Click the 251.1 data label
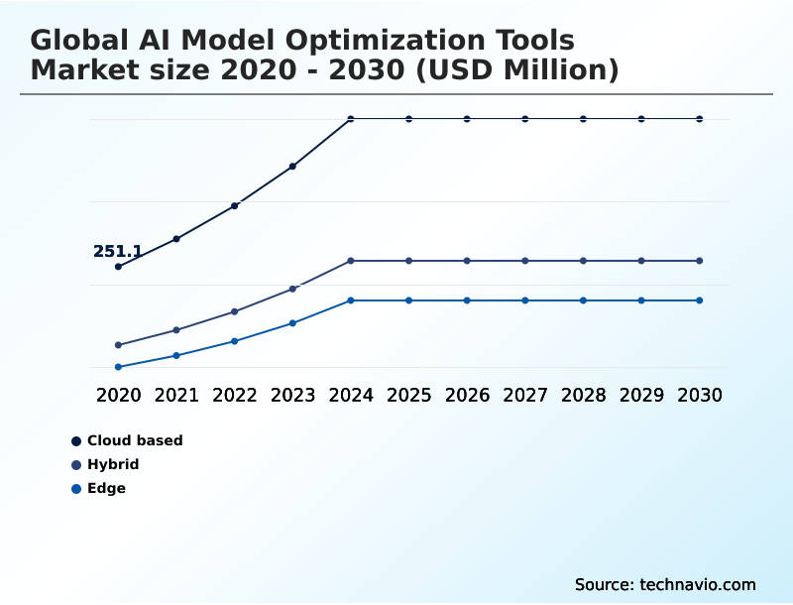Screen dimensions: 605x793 pyautogui.click(x=118, y=252)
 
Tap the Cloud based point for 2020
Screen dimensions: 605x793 pyautogui.click(x=118, y=267)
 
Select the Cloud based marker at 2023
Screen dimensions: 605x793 pyautogui.click(x=292, y=167)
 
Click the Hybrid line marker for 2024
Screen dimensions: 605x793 pyautogui.click(x=351, y=261)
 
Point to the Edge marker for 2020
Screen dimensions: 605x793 pyautogui.click(x=118, y=367)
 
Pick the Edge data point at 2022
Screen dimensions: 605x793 pyautogui.click(x=235, y=341)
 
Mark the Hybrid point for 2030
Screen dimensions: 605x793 pyautogui.click(x=700, y=261)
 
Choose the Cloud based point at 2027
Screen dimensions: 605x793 pyautogui.click(x=525, y=119)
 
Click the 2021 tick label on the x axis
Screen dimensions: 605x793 pyautogui.click(x=176, y=395)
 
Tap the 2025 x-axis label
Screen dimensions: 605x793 pyautogui.click(x=408, y=395)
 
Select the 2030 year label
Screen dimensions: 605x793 pyautogui.click(x=700, y=395)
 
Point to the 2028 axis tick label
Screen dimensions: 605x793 pyautogui.click(x=583, y=395)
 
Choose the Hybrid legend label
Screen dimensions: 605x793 pyautogui.click(x=113, y=464)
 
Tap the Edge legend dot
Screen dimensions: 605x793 pyautogui.click(x=76, y=489)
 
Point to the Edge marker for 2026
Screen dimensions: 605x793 pyautogui.click(x=467, y=301)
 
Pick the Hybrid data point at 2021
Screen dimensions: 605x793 pyautogui.click(x=176, y=330)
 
